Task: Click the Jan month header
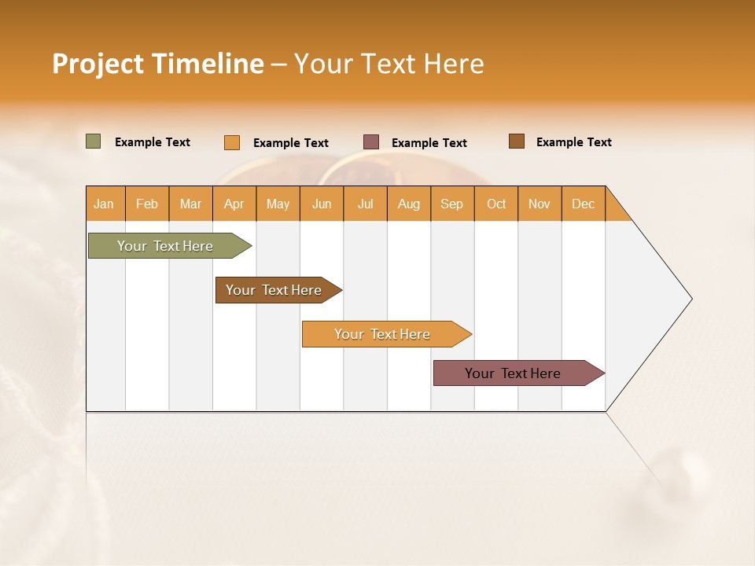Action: point(104,204)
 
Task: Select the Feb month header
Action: point(147,204)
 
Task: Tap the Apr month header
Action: point(234,204)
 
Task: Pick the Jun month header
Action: point(322,204)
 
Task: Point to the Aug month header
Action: point(408,204)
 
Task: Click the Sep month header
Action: point(451,204)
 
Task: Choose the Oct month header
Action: point(496,204)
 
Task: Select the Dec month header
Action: point(583,204)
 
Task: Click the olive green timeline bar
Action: point(165,246)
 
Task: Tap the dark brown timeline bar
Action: point(274,290)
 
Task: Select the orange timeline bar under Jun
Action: point(382,334)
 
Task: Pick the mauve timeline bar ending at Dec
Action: point(513,373)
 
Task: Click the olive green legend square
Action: point(94,141)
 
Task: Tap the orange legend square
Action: point(232,142)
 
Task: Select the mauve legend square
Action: point(371,142)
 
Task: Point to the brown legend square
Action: point(516,141)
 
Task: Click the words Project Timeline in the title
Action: point(158,64)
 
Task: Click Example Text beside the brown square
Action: point(573,142)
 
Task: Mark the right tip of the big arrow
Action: point(691,299)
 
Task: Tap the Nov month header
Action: point(540,204)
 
